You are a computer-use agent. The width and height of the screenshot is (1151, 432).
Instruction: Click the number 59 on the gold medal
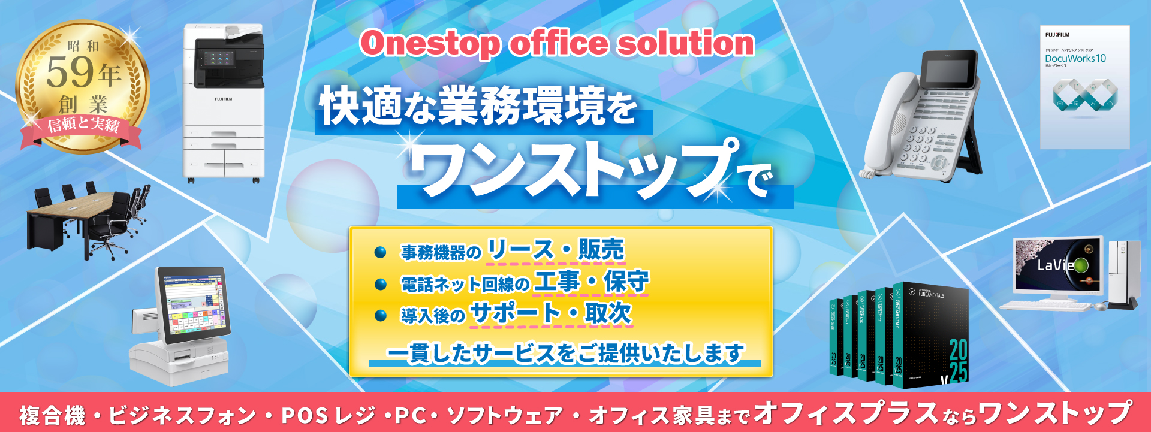tap(70, 72)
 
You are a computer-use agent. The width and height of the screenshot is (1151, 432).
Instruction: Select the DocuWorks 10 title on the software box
tap(1075, 59)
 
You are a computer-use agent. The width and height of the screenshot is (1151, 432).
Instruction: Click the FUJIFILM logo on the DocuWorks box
tap(1057, 35)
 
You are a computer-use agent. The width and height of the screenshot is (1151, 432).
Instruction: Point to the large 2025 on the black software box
tap(957, 360)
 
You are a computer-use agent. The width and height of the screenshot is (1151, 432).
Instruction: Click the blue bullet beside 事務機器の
tap(380, 252)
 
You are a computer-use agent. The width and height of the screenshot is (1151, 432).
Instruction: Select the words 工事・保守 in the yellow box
tap(591, 281)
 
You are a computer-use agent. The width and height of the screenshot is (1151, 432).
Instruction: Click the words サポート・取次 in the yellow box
tap(551, 313)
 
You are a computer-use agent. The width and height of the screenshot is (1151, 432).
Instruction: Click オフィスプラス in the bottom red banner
tap(845, 413)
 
